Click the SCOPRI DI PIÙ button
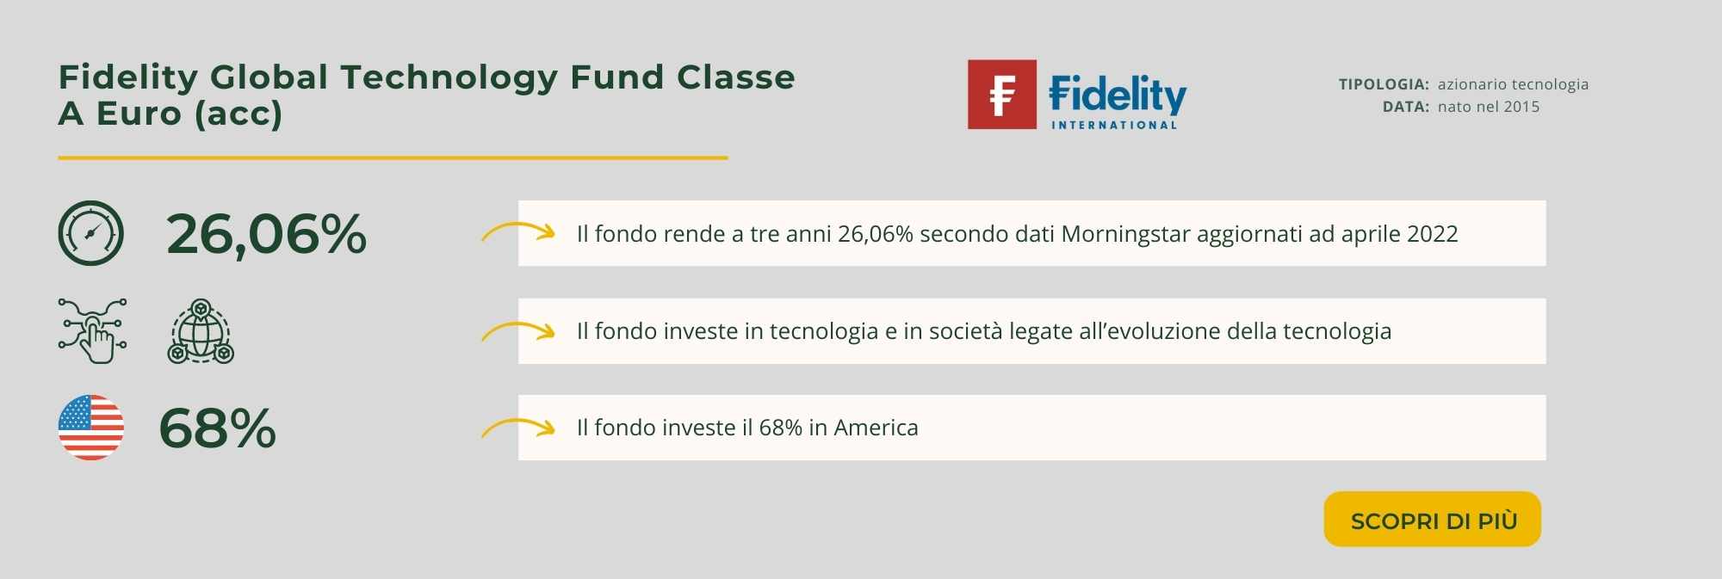coord(1432,519)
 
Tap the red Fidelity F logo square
coord(1002,95)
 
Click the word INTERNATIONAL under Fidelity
coord(1114,125)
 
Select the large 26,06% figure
coord(266,234)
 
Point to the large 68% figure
coord(218,428)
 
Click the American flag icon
coord(91,428)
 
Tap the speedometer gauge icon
coord(91,233)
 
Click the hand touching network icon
coord(93,331)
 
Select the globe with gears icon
coord(201,331)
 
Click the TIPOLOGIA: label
coord(1384,84)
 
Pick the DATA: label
coord(1406,107)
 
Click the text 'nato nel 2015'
coord(1489,107)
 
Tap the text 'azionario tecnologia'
coord(1513,84)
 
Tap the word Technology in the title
coord(449,77)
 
